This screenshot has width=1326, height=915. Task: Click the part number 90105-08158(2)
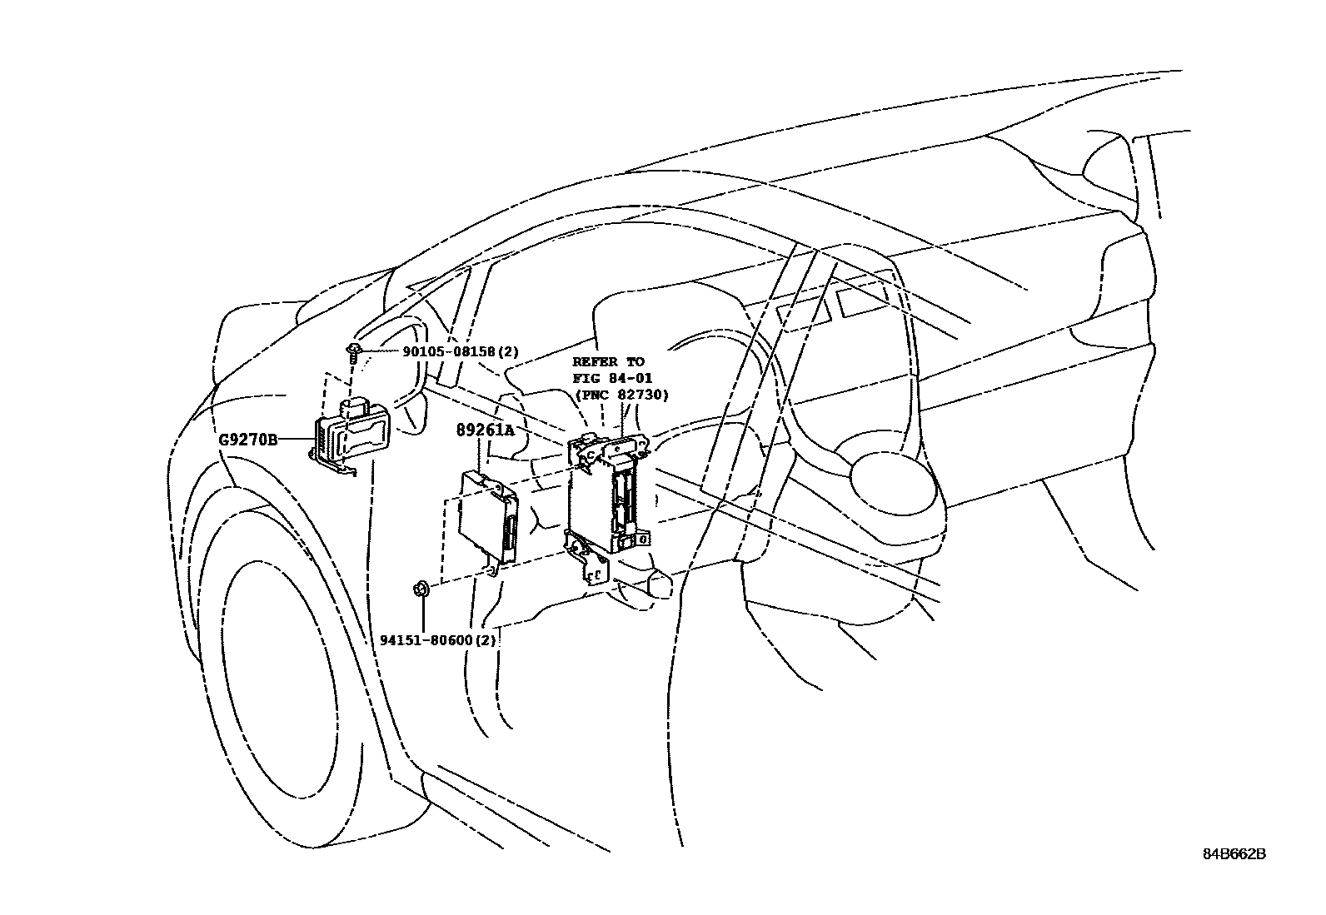click(461, 352)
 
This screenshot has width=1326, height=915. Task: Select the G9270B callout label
click(248, 439)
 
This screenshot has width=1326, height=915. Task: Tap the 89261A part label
click(485, 430)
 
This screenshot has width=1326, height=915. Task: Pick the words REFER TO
click(608, 362)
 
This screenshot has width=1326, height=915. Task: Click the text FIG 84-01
click(612, 379)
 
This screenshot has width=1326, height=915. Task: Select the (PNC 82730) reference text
click(621, 395)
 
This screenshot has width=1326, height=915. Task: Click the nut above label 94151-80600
click(421, 589)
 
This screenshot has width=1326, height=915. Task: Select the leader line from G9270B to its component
click(296, 439)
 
